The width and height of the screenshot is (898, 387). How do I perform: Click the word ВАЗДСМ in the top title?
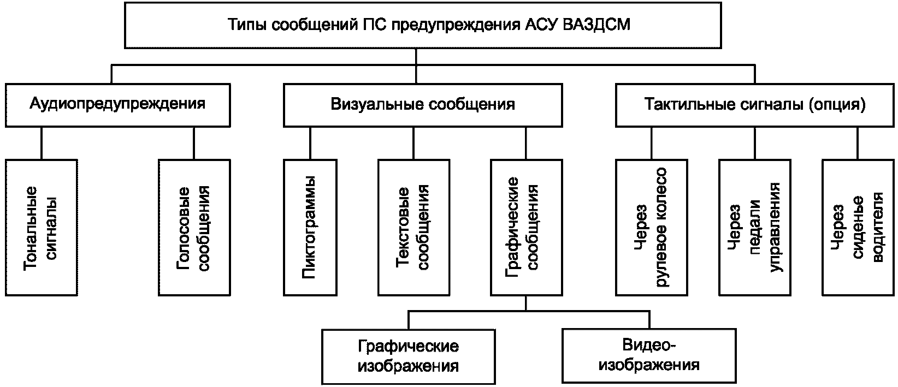tap(596, 25)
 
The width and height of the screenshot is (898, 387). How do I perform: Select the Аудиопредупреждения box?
tap(118, 105)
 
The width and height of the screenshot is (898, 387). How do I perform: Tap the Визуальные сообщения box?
tap(423, 105)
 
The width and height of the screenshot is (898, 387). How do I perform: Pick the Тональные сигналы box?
tap(42, 228)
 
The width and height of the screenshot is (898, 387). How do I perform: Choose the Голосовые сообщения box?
tap(194, 228)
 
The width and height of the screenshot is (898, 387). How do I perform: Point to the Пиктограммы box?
tap(310, 228)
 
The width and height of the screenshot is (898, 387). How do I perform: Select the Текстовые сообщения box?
tap(413, 228)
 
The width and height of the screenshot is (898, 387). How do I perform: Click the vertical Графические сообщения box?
tap(527, 228)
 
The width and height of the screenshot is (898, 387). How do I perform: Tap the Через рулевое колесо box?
tap(652, 228)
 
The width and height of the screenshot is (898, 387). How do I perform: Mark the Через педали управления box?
tap(755, 228)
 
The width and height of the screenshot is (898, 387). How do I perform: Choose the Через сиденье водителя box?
tap(858, 228)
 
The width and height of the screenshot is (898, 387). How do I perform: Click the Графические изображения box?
tap(409, 356)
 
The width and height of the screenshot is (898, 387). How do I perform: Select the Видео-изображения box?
tap(649, 356)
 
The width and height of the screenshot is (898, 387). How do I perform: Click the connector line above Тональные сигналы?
tap(42, 144)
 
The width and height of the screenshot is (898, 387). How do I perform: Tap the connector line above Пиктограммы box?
tap(310, 144)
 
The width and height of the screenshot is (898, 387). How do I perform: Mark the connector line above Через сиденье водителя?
tap(858, 144)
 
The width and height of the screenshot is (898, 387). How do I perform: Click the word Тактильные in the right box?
tap(689, 105)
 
